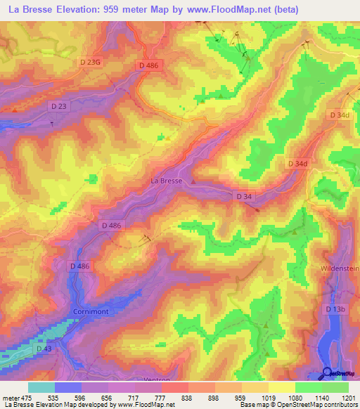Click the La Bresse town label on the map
click(167, 181)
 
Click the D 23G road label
click(91, 63)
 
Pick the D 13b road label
click(337, 309)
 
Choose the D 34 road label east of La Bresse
click(243, 196)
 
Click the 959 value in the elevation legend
click(240, 397)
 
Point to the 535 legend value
click(53, 397)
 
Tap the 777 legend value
click(161, 397)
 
